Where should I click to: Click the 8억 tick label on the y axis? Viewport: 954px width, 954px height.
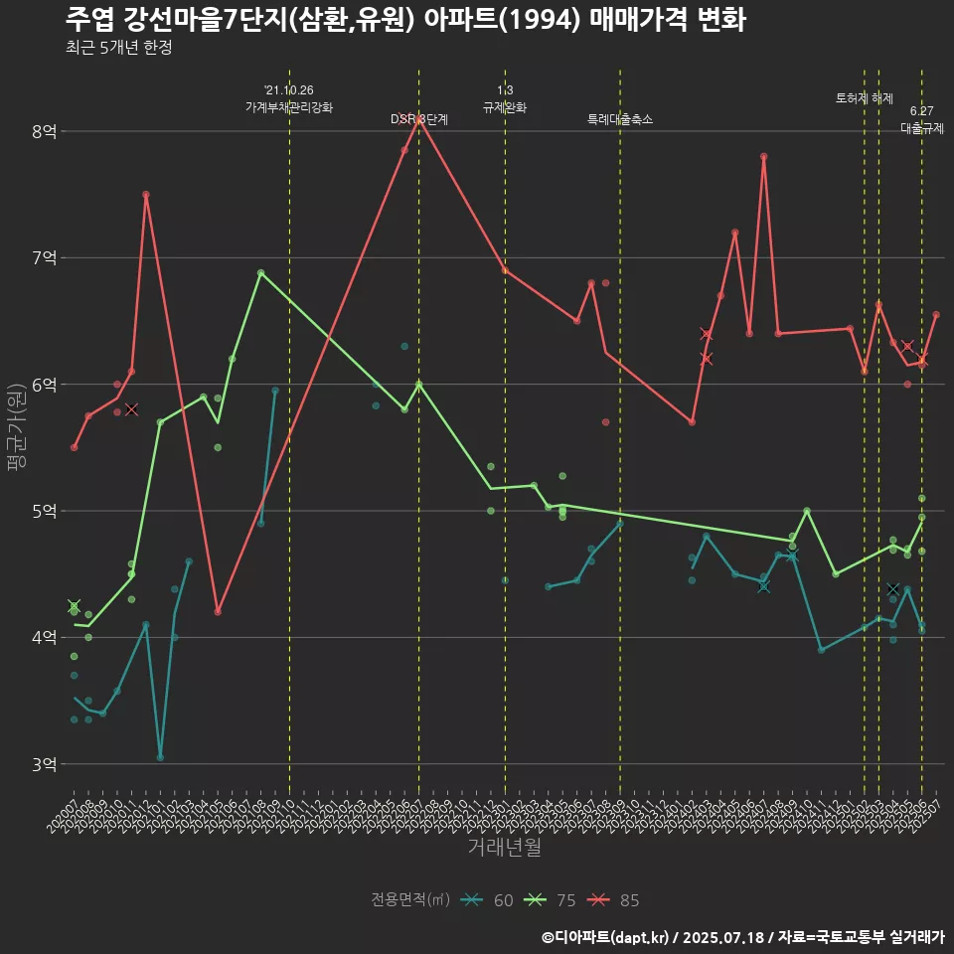[x=44, y=131]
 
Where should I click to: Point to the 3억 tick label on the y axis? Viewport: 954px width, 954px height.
[x=44, y=764]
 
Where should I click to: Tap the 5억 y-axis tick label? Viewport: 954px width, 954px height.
[x=44, y=511]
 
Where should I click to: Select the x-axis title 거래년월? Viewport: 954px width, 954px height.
[x=505, y=848]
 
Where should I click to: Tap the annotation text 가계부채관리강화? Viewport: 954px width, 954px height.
[x=289, y=107]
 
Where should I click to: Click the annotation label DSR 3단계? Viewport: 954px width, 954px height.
[x=418, y=119]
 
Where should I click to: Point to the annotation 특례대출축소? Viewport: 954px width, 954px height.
[x=620, y=119]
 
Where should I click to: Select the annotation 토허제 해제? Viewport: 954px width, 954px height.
[x=865, y=98]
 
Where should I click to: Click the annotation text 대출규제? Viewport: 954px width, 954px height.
[x=922, y=128]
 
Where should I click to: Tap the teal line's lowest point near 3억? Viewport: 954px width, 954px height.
[x=160, y=757]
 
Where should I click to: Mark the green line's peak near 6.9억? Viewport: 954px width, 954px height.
[x=260, y=272]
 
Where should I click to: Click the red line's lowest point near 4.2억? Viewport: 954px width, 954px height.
[x=218, y=612]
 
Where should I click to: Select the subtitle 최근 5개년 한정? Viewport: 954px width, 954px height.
[x=118, y=48]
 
